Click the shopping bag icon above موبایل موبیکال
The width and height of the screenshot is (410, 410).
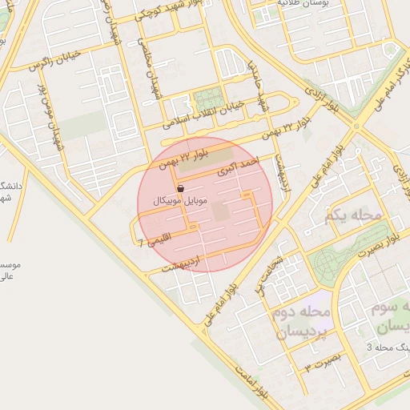(183, 188)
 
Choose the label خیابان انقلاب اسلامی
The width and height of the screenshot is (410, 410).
(197, 118)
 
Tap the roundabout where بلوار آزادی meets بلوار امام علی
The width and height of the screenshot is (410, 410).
(356, 125)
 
